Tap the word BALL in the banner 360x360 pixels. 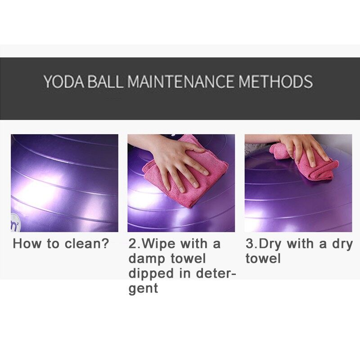click(x=105, y=81)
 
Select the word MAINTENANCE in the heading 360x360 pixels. click(x=181, y=81)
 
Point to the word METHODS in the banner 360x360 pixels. click(x=275, y=81)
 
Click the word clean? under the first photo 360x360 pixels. click(x=86, y=243)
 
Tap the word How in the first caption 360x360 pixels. click(x=27, y=243)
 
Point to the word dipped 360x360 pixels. click(x=151, y=274)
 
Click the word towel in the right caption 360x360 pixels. click(x=263, y=258)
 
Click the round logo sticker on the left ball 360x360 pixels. click(x=16, y=223)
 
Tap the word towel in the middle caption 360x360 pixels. click(x=188, y=258)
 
